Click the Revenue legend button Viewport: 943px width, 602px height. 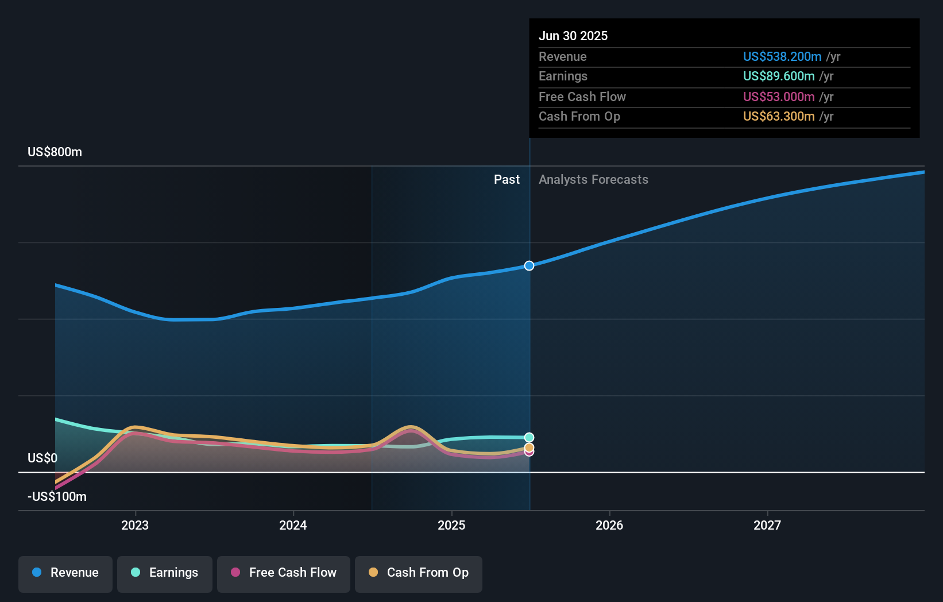pos(65,573)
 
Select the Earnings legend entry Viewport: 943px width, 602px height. pos(165,573)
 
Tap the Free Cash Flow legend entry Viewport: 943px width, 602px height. pos(284,573)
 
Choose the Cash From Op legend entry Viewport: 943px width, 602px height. pos(419,573)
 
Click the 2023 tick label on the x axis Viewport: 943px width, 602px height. pos(135,525)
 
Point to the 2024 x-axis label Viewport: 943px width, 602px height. pos(293,525)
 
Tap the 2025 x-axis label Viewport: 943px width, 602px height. pos(451,525)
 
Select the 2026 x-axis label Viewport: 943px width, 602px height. pos(609,525)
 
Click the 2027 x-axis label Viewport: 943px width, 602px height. pos(767,525)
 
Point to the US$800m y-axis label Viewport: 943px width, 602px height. pos(55,152)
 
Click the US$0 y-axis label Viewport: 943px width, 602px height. pos(42,458)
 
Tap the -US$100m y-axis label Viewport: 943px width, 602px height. pos(57,496)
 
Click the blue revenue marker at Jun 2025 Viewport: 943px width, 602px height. pos(529,265)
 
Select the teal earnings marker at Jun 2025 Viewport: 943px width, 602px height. pos(529,438)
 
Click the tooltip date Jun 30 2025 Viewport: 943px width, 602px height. pos(573,36)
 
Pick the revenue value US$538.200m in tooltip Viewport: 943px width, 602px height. pos(782,56)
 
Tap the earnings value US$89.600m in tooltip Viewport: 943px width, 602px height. pos(778,76)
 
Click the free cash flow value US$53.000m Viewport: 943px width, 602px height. pos(778,97)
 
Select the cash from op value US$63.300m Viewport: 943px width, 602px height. pos(778,116)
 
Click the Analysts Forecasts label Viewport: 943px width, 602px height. pos(593,179)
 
